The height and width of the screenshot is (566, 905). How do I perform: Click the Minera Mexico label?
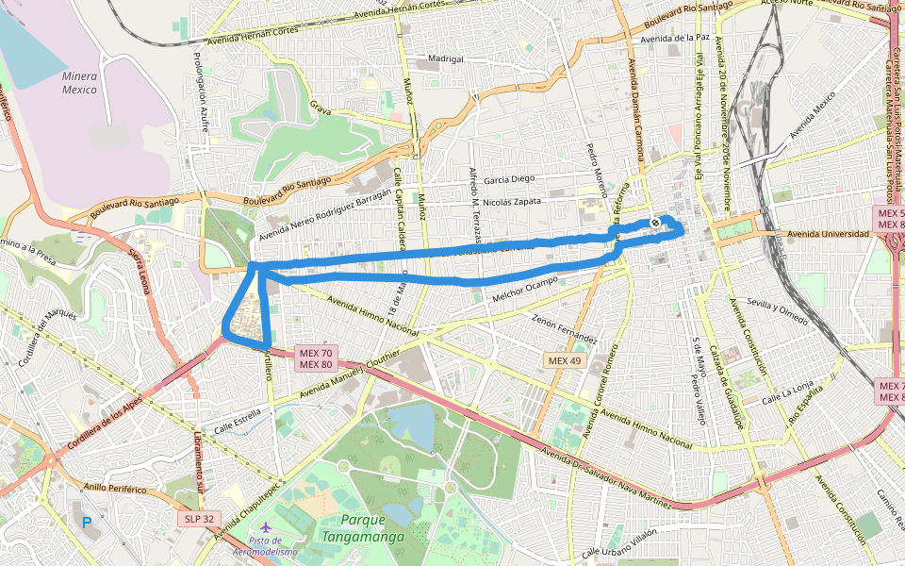[79, 83]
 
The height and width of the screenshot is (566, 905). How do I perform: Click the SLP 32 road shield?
[196, 519]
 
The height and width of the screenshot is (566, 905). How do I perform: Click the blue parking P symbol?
[87, 522]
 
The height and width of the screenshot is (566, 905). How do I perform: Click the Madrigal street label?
[446, 58]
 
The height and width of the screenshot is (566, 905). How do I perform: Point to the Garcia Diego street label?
[509, 178]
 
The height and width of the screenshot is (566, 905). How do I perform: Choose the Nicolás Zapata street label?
[511, 201]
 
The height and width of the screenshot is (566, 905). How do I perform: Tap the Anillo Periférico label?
[115, 489]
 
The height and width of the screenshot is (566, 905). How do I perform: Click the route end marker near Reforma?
[654, 224]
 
